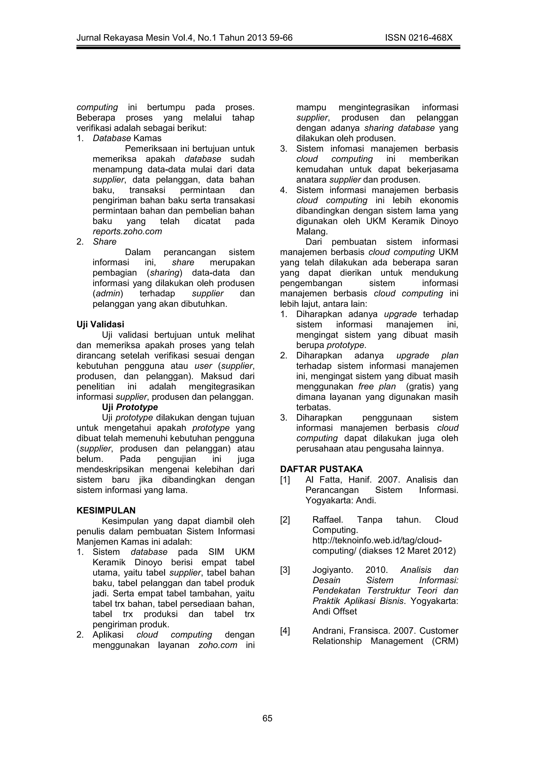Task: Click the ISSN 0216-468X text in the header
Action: (419, 38)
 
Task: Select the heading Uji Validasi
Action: (100, 324)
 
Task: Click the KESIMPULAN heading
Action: (106, 511)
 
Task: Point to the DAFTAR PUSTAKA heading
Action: (321, 469)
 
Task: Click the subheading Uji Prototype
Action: (130, 407)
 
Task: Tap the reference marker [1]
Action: (285, 480)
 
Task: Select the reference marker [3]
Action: (285, 570)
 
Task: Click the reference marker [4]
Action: (285, 631)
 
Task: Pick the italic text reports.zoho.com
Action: (127, 231)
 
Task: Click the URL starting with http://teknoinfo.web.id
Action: (377, 540)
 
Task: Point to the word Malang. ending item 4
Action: (312, 231)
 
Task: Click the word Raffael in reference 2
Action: (328, 520)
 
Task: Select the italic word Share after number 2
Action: (104, 242)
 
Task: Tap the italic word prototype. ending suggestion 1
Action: (346, 345)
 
